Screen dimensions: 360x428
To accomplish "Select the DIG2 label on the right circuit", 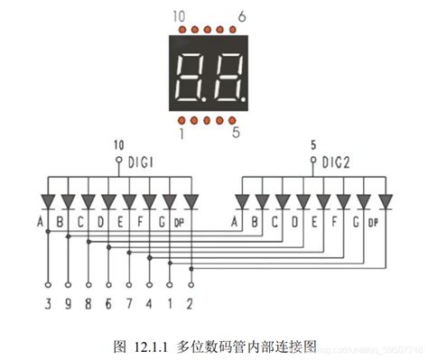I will point(338,162).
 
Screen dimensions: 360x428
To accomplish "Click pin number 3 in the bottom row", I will point(49,304).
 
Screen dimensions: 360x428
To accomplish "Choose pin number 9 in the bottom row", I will point(68,304).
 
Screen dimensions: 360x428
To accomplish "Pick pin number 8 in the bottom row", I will point(88,304).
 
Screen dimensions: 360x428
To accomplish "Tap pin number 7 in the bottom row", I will point(129,304).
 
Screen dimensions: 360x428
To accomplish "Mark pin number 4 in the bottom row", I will point(149,304).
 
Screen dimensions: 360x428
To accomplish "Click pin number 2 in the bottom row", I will point(190,304).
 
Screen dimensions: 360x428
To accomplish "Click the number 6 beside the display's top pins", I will point(242,16).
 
